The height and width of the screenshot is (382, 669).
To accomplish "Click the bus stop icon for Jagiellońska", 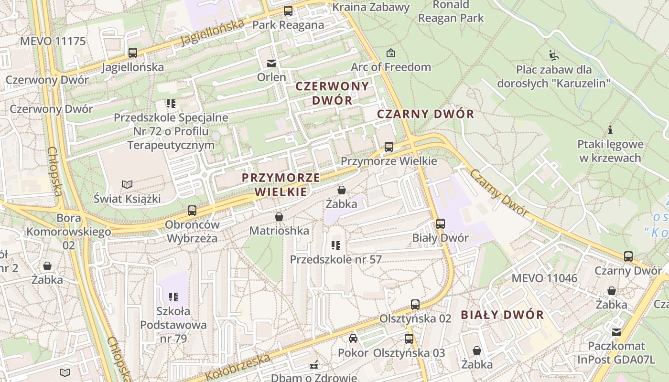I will pos(133,53).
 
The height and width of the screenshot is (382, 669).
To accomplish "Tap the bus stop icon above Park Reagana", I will pos(288,11).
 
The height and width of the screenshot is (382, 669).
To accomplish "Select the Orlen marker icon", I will pos(271,63).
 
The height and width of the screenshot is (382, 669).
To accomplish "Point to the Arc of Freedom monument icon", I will pos(391,53).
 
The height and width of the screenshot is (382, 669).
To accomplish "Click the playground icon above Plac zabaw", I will pos(553,55).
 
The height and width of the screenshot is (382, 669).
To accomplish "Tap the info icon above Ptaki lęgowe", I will pos(610,130).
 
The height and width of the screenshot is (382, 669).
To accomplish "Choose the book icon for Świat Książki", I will pos(127,184).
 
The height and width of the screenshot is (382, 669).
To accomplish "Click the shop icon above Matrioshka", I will pos(279,217).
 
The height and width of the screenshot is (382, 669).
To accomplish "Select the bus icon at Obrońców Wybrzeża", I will pos(192,210).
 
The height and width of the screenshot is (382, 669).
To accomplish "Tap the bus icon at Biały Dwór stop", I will pos(440,223).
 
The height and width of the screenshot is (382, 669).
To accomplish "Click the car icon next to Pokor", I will pos(353,339).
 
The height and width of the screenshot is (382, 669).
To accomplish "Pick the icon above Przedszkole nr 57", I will pos(336,245).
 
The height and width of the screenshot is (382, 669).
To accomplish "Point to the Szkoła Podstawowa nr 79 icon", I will pos(173,297).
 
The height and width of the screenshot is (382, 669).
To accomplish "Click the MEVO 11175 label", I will pos(53,41).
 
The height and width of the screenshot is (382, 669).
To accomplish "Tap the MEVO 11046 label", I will pos(544,278).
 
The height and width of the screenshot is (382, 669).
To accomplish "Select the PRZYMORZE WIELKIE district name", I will pos(281,185).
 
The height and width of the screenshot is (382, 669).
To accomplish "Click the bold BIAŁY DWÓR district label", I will pos(502,315).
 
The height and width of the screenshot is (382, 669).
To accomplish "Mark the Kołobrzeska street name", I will pos(238,367).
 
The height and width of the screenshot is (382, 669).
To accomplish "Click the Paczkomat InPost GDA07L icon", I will pos(616,332).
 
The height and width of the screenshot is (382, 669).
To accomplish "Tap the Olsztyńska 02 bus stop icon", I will pos(415,305).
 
